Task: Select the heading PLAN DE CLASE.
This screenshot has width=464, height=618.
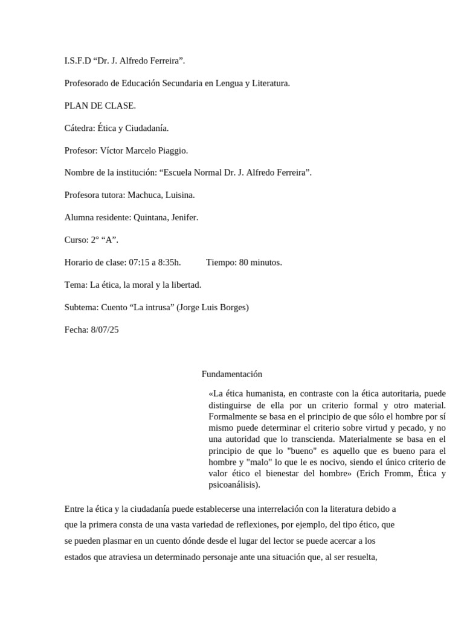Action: point(100,106)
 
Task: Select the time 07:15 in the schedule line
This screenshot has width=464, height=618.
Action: point(139,262)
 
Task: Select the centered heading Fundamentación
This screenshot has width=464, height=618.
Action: point(232,374)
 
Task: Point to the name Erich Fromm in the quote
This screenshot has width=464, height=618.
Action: point(380,473)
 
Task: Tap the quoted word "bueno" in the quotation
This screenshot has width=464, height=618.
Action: point(282,451)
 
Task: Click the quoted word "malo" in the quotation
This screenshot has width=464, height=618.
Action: point(243,462)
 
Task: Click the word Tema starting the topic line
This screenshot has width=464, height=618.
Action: point(75,284)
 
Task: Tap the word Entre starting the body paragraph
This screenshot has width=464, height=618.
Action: point(75,509)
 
